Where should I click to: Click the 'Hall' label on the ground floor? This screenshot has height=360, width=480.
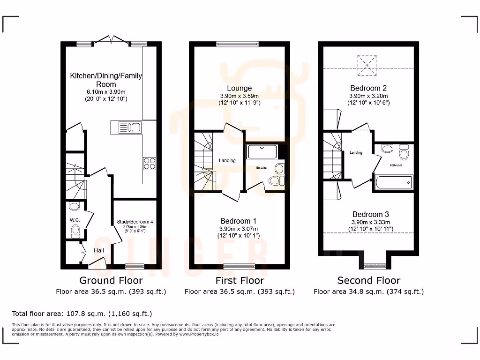[x=99, y=251]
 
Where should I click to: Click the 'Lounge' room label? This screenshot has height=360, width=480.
[x=240, y=88]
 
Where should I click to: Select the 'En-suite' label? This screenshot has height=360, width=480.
[x=261, y=167]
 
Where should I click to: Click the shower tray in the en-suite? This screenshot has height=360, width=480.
[x=262, y=151]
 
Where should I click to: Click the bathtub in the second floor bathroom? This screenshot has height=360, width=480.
[x=393, y=182]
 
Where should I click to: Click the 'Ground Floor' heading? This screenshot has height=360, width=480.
[x=111, y=280]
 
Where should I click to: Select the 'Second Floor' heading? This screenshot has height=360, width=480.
[x=369, y=280]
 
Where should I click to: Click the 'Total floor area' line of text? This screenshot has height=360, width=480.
[x=82, y=313]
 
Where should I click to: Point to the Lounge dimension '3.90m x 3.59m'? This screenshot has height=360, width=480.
[x=240, y=96]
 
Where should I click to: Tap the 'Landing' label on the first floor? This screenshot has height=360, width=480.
[x=227, y=160]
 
